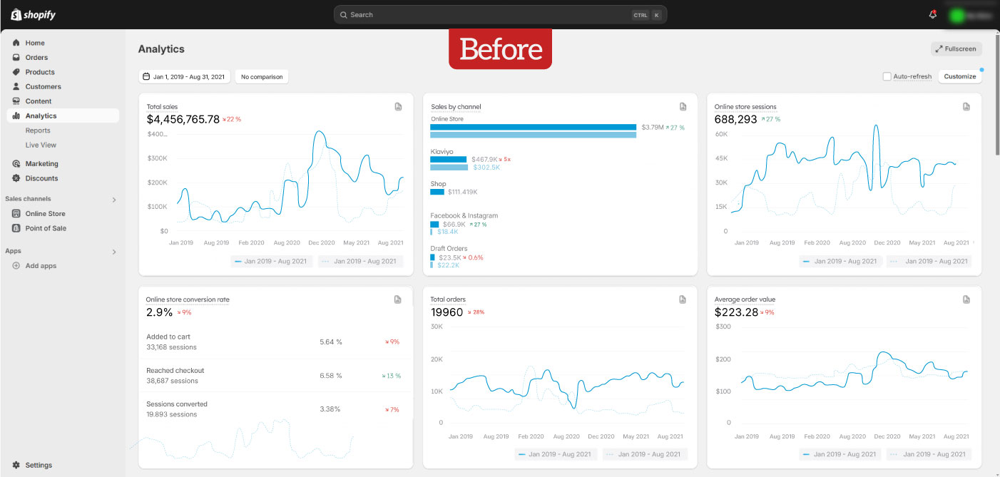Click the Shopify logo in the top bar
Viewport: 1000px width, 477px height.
pos(33,14)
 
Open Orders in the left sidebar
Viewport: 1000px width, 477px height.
pos(36,58)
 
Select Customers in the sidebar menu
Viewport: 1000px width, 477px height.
pos(43,87)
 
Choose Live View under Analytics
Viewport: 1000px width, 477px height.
pos(41,145)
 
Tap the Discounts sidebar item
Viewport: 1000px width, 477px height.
pos(41,178)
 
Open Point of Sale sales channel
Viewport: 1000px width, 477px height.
pos(46,228)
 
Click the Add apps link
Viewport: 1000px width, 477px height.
pos(41,266)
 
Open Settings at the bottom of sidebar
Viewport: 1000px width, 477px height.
pos(39,465)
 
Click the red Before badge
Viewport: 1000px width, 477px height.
pos(500,49)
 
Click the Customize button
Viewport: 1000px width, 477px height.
pos(959,76)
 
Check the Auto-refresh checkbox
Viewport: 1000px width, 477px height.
pos(887,76)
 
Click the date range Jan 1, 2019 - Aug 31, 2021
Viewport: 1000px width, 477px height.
pos(184,76)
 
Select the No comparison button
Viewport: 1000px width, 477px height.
pos(262,76)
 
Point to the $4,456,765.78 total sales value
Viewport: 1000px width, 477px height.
pos(183,119)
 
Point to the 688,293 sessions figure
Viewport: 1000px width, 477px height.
pos(735,119)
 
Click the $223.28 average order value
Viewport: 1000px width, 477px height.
pos(736,312)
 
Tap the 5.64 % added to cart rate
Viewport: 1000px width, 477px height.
pos(331,342)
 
